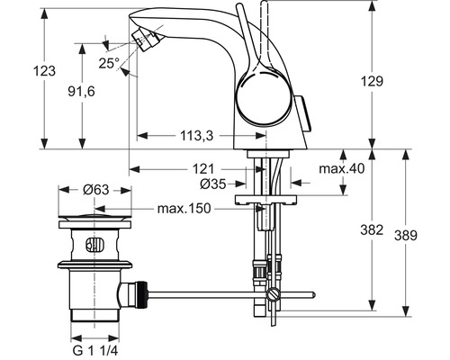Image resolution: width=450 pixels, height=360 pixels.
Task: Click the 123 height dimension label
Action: click(44, 71)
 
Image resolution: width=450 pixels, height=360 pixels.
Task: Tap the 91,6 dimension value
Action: click(81, 91)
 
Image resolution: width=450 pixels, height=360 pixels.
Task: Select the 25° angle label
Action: click(109, 63)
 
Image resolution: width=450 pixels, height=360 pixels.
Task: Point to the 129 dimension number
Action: click(372, 81)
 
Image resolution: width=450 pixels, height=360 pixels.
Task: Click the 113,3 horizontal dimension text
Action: click(197, 136)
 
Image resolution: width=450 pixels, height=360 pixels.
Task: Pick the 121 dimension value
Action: click(203, 169)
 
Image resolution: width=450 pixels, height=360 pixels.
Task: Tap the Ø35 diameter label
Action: click(213, 184)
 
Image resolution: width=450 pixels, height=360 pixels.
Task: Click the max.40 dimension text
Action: click(342, 168)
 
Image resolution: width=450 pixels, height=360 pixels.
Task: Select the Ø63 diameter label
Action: click(95, 190)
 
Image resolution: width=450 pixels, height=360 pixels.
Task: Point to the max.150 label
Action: click(184, 208)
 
